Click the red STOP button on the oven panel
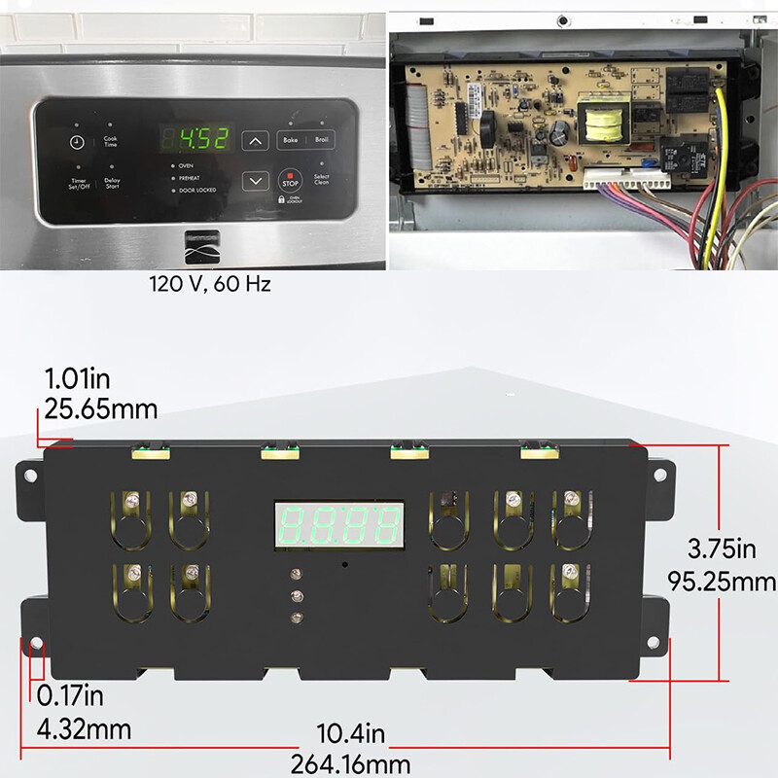[x=290, y=181]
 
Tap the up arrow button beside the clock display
[x=255, y=141]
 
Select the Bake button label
[x=290, y=140]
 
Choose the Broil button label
[x=322, y=140]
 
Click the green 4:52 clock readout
[x=198, y=139]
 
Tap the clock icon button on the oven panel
[x=77, y=142]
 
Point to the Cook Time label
[x=110, y=142]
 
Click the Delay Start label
[x=112, y=182]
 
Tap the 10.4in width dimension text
[x=350, y=733]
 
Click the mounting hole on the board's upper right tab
[x=661, y=476]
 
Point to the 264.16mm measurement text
[x=350, y=764]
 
